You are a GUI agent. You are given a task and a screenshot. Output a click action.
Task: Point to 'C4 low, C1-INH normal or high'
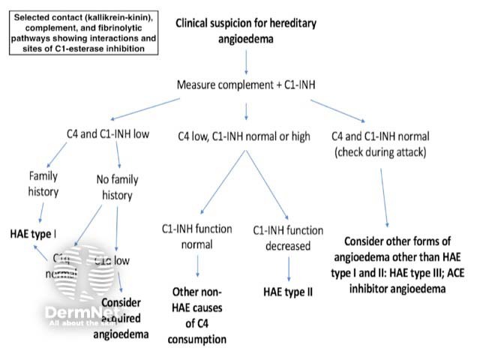(x=246, y=136)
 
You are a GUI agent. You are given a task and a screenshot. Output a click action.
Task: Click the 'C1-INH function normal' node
(x=197, y=235)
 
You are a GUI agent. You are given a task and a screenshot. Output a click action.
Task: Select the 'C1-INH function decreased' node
(x=289, y=235)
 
